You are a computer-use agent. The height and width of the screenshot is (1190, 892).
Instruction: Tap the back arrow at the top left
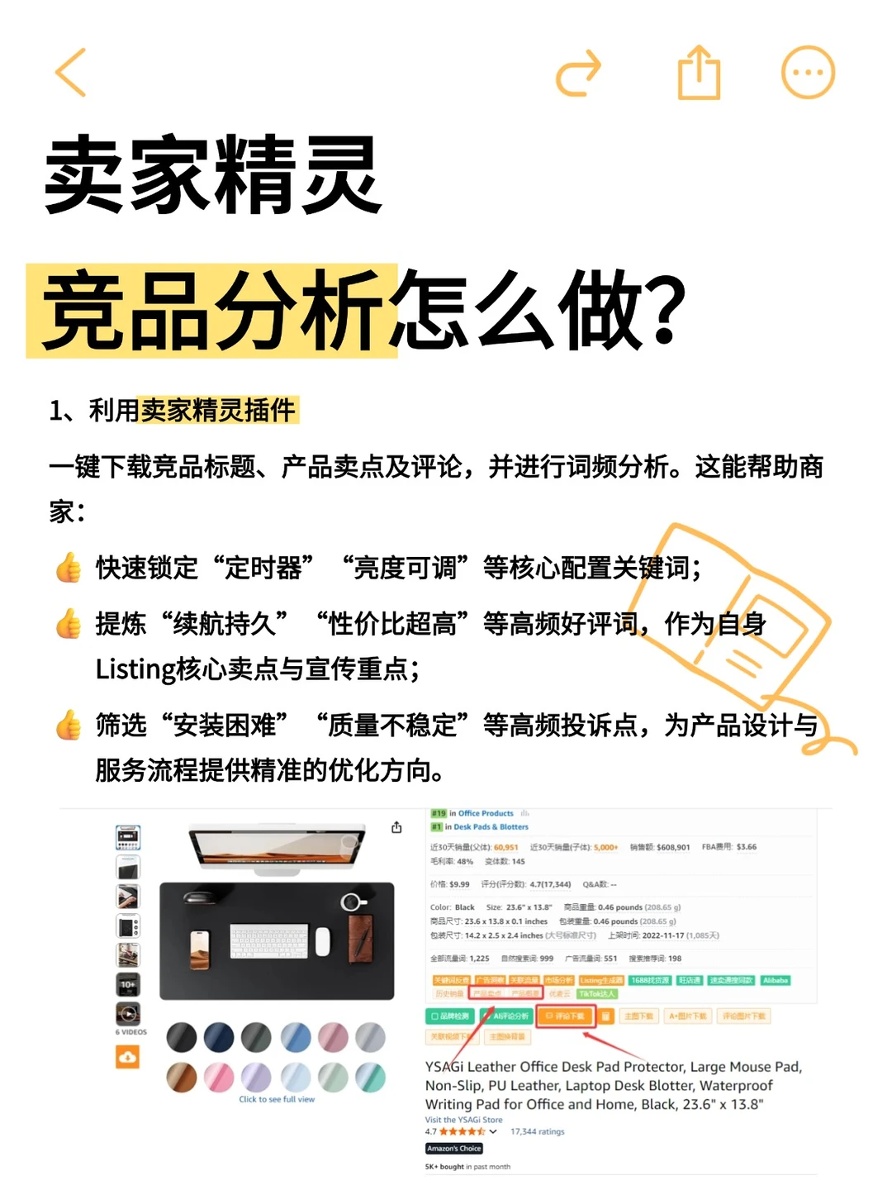pyautogui.click(x=71, y=73)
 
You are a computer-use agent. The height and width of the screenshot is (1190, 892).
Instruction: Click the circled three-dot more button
pyautogui.click(x=808, y=73)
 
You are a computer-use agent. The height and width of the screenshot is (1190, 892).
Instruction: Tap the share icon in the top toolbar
pyautogui.click(x=699, y=73)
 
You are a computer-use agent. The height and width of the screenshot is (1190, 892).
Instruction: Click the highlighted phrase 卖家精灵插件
pyautogui.click(x=219, y=410)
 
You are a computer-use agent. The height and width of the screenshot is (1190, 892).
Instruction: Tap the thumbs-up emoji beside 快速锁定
pyautogui.click(x=69, y=569)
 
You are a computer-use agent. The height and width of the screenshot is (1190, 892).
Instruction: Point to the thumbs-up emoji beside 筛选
pyautogui.click(x=69, y=726)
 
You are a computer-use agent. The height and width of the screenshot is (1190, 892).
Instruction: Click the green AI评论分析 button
pyautogui.click(x=507, y=1016)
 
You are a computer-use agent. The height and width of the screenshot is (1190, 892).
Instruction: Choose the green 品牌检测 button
pyautogui.click(x=450, y=1016)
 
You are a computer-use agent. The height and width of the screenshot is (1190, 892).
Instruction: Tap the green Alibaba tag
pyautogui.click(x=776, y=980)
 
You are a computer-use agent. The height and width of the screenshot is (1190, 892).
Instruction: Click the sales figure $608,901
pyautogui.click(x=673, y=847)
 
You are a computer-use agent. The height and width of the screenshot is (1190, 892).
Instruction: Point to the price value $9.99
pyautogui.click(x=459, y=884)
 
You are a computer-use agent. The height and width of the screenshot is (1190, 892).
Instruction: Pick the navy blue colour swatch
pyautogui.click(x=219, y=1037)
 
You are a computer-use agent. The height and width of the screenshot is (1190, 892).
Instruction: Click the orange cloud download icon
pyautogui.click(x=127, y=1057)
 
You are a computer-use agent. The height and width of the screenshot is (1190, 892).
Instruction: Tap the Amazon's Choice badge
pyautogui.click(x=453, y=1149)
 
